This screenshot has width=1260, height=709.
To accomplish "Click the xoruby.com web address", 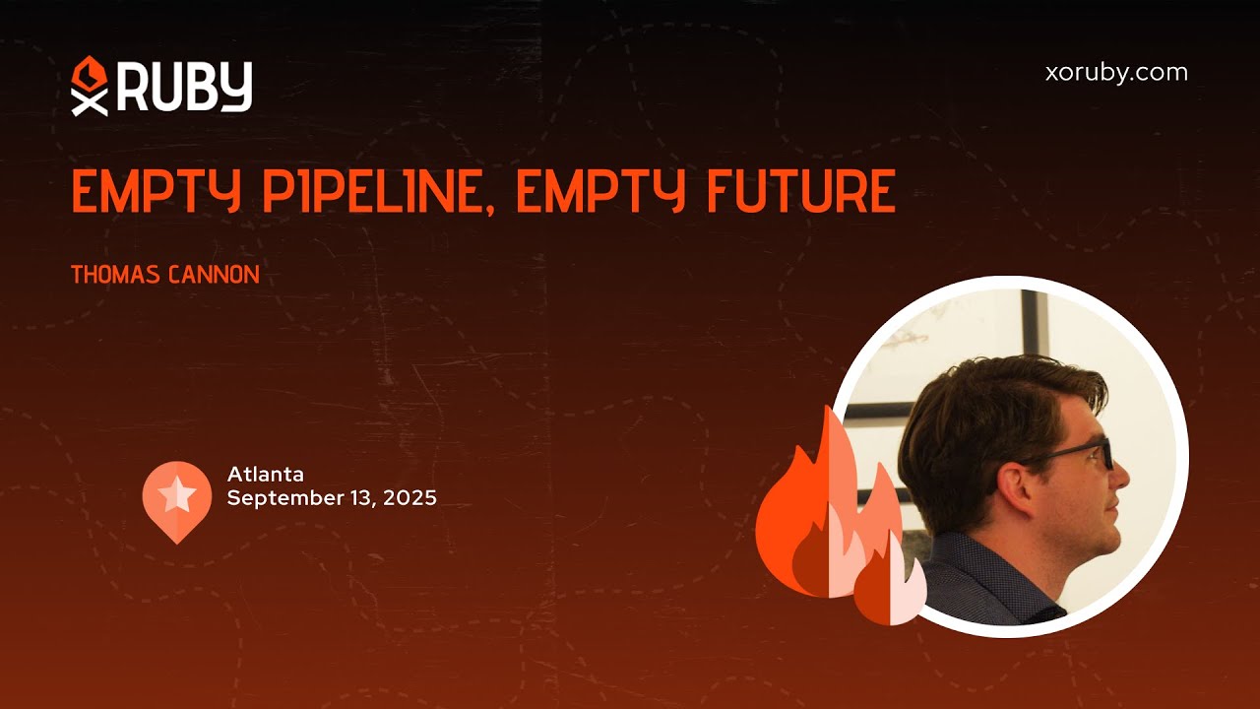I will point(1115,73).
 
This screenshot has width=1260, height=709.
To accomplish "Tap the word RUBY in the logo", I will point(185,87).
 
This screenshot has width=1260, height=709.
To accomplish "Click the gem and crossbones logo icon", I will point(89,86).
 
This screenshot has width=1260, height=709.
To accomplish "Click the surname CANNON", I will point(215,275).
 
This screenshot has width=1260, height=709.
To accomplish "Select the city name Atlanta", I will point(266,475).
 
